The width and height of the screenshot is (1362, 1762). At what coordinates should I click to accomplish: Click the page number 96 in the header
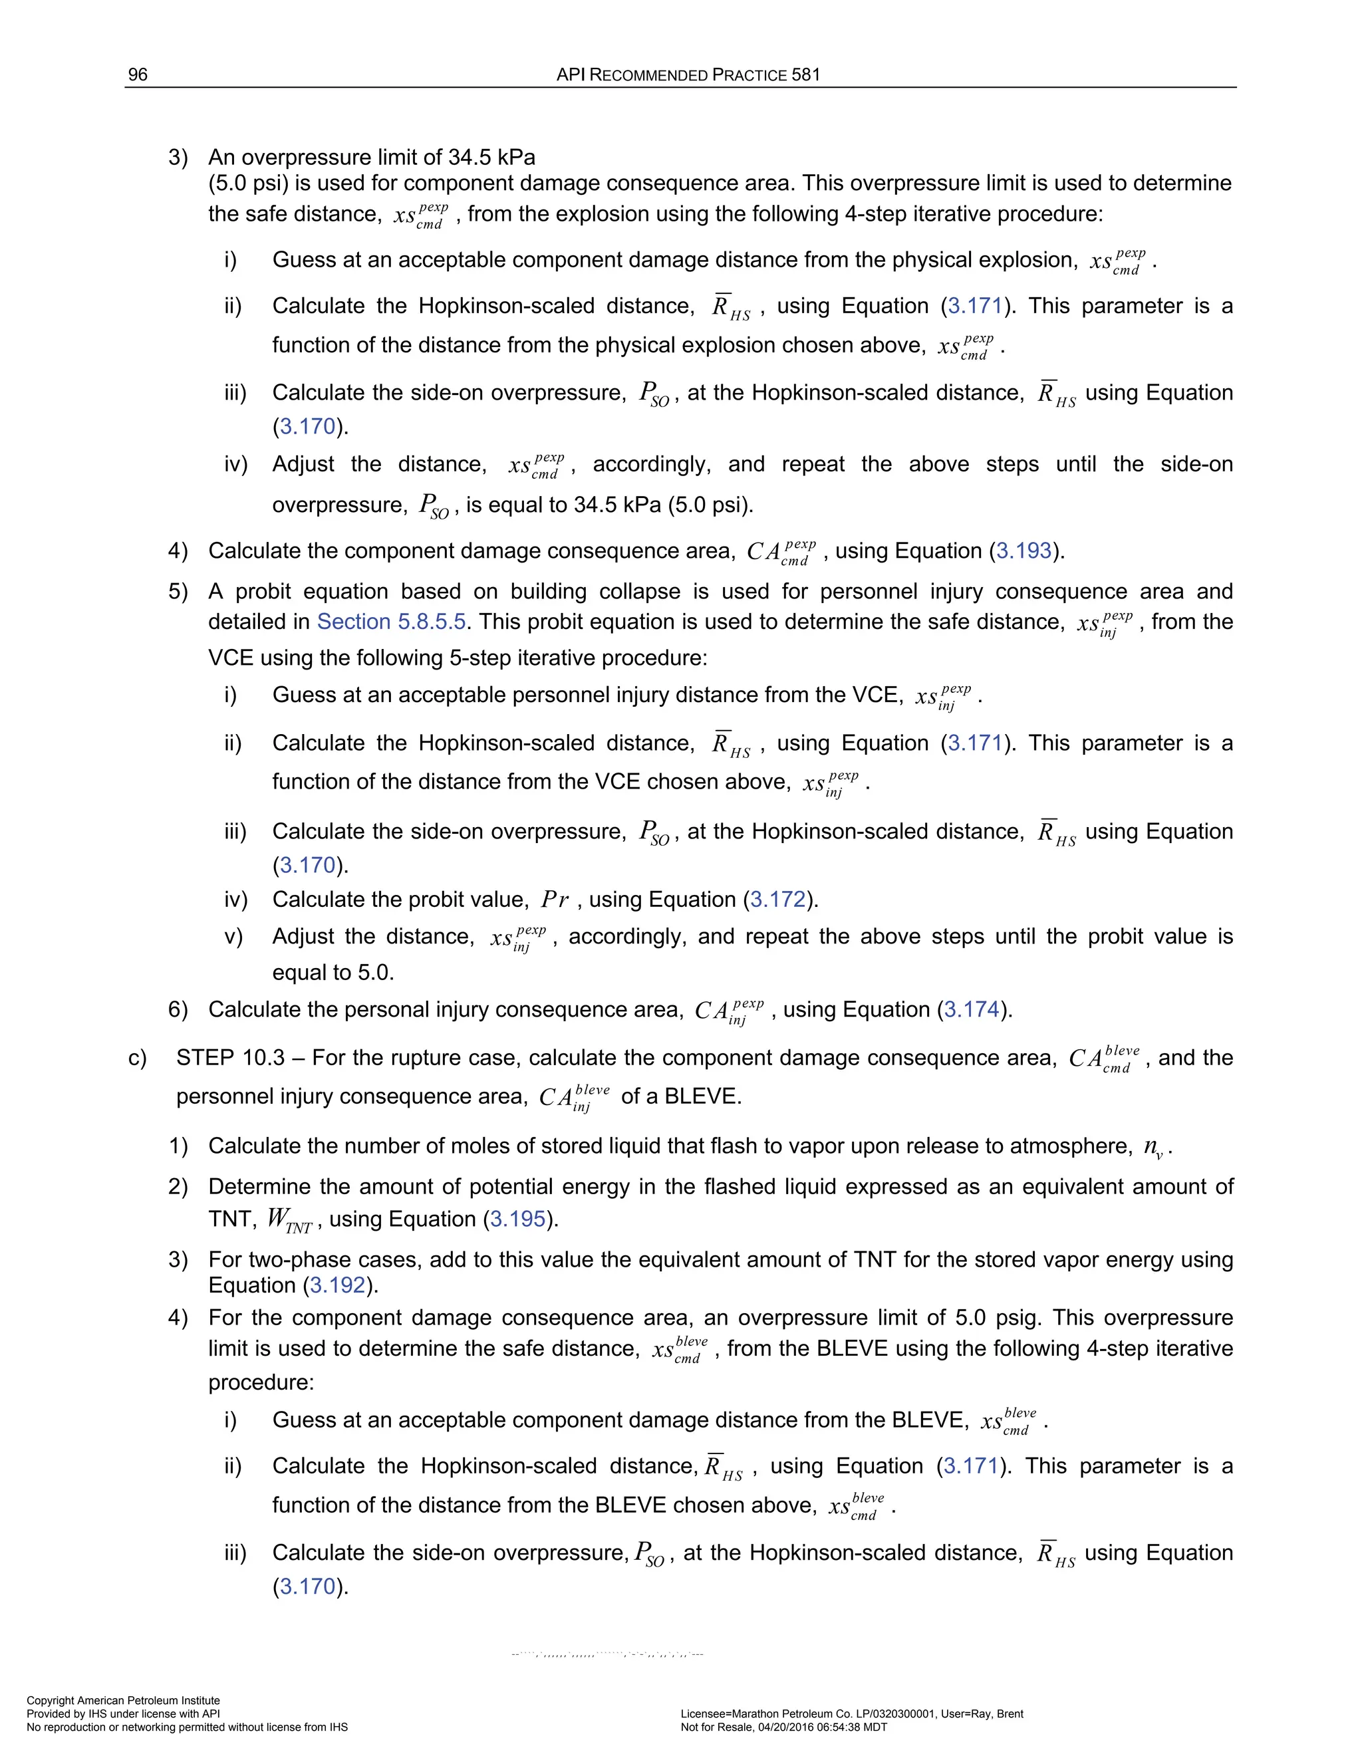pyautogui.click(x=138, y=75)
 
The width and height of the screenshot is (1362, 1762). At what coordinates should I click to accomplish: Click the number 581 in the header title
pyautogui.click(x=805, y=75)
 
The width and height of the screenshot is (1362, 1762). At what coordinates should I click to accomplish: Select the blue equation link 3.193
pyautogui.click(x=1024, y=551)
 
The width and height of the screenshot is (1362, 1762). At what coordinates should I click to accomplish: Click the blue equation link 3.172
pyautogui.click(x=778, y=900)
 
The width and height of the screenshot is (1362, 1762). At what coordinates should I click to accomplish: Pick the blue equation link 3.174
pyautogui.click(x=972, y=1010)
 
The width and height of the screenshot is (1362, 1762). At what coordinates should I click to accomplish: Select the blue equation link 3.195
pyautogui.click(x=518, y=1219)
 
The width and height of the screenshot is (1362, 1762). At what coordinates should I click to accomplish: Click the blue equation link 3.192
pyautogui.click(x=338, y=1285)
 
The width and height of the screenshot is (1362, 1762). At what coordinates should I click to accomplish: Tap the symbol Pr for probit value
pyautogui.click(x=555, y=900)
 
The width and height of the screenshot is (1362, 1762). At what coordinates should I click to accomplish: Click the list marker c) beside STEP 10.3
pyautogui.click(x=137, y=1059)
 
